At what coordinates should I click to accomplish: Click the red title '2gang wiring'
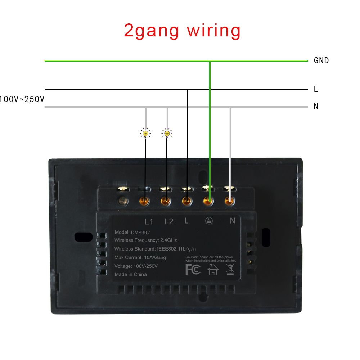[182, 31]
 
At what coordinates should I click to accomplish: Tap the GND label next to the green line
[321, 60]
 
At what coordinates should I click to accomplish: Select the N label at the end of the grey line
[316, 107]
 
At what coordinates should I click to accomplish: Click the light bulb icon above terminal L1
[145, 134]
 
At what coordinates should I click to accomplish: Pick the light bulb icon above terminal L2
[167, 134]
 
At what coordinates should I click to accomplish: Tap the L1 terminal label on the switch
[149, 221]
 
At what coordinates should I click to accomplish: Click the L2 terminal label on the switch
[169, 221]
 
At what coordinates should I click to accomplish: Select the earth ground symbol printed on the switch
[209, 221]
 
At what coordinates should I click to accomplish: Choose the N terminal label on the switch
[232, 221]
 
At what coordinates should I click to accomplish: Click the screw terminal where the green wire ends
[208, 201]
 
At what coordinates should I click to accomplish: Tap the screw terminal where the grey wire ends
[229, 201]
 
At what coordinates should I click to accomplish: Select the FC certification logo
[193, 269]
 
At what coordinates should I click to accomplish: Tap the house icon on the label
[213, 269]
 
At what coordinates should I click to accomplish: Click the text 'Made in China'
[130, 274]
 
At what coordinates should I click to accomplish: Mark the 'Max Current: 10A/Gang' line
[140, 258]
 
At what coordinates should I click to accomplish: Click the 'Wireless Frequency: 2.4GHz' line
[145, 240]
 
